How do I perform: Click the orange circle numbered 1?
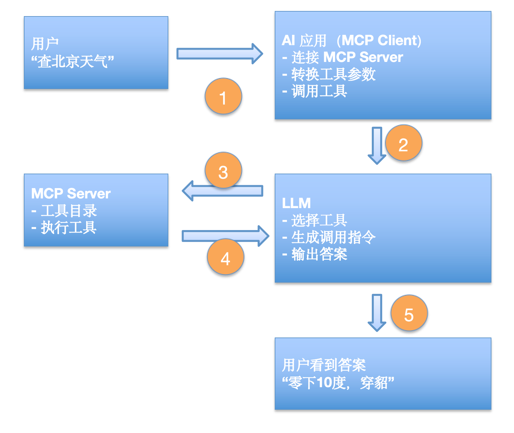coord(223,96)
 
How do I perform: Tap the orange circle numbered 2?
coord(403,143)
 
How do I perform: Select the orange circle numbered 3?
coord(223,170)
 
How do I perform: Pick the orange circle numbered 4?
coord(225,257)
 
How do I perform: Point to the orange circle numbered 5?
coord(409,313)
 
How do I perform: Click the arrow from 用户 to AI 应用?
coord(219,54)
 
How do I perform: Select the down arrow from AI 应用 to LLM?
coord(377,145)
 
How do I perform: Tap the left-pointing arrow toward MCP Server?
coord(222,191)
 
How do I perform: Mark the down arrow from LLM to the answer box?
coord(377,312)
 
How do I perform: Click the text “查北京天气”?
coord(73,61)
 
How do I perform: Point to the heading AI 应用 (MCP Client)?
coord(351,41)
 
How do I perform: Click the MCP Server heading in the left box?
coord(71,194)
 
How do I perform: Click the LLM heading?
coord(296,203)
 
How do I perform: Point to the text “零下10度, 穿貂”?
coord(338,383)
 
